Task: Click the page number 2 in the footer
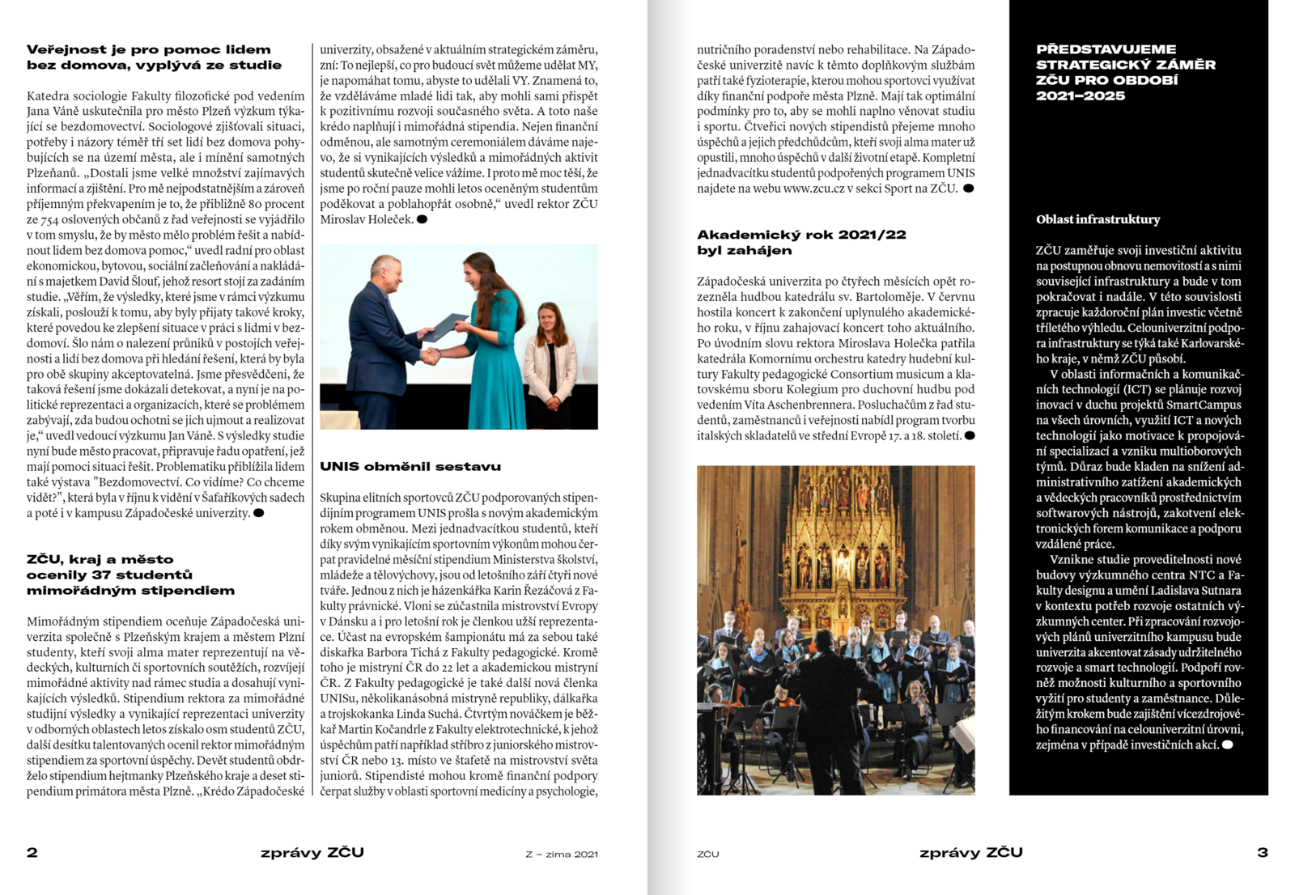click(32, 852)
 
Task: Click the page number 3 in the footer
click(1262, 852)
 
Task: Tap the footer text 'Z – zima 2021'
click(562, 854)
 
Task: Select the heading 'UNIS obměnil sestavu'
click(410, 466)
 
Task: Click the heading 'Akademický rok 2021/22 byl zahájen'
click(801, 242)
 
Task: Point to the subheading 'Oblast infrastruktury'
click(1098, 219)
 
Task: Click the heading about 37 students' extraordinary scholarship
click(130, 575)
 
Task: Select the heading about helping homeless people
click(154, 57)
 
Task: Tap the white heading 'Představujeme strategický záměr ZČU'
click(1125, 72)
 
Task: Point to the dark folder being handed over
click(445, 326)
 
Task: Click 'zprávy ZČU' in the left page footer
click(312, 852)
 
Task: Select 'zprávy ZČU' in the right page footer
click(970, 852)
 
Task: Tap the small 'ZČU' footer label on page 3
click(707, 854)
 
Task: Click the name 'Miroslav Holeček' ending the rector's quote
click(367, 219)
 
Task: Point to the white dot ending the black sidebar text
click(1227, 744)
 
